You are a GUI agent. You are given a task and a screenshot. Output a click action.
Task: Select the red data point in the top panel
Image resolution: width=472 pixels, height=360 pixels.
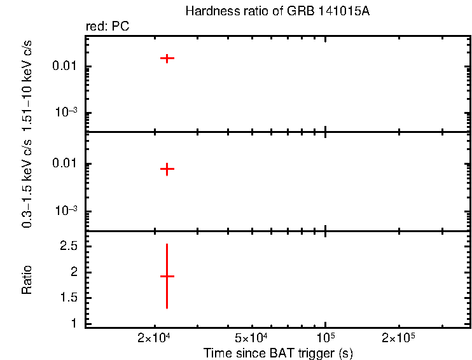pos(167,58)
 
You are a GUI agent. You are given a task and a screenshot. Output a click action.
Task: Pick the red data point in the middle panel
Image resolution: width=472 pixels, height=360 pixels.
pos(167,169)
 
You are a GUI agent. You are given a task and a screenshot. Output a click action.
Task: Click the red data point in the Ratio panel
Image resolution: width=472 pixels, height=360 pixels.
pos(167,276)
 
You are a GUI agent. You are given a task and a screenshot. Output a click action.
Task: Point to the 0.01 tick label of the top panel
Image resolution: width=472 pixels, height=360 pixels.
pos(66,67)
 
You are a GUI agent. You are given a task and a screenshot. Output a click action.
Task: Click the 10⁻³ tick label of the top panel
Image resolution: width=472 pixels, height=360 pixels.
pos(66,113)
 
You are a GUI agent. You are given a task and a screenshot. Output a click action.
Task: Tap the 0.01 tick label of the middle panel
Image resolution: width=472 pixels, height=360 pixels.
pos(66,164)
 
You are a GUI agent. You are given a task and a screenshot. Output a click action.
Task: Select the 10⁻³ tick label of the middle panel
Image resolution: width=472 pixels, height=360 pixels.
pos(66,211)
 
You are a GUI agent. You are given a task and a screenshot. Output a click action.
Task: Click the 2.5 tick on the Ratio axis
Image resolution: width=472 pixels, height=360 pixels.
pos(69,246)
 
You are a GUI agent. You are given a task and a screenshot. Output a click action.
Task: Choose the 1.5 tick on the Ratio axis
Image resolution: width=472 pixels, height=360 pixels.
pos(69,298)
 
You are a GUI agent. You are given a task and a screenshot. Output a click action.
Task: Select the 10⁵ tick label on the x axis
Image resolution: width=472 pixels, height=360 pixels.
pos(326,336)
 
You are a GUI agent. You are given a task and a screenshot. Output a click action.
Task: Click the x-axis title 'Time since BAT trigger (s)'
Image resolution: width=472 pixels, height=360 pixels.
pos(278,352)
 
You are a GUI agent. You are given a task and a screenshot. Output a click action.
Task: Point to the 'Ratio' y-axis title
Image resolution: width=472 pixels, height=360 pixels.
pos(27,280)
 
